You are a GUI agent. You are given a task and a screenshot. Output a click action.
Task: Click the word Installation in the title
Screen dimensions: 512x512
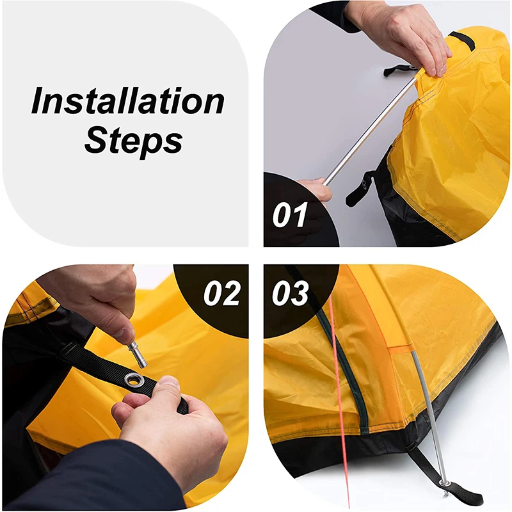point(128,102)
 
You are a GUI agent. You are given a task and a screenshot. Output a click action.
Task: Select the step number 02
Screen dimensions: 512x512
point(221,294)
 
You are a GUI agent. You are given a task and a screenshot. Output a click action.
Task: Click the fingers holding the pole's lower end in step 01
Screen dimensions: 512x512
point(317,189)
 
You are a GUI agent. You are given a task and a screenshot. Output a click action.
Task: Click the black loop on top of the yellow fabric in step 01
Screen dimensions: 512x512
point(461,40)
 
